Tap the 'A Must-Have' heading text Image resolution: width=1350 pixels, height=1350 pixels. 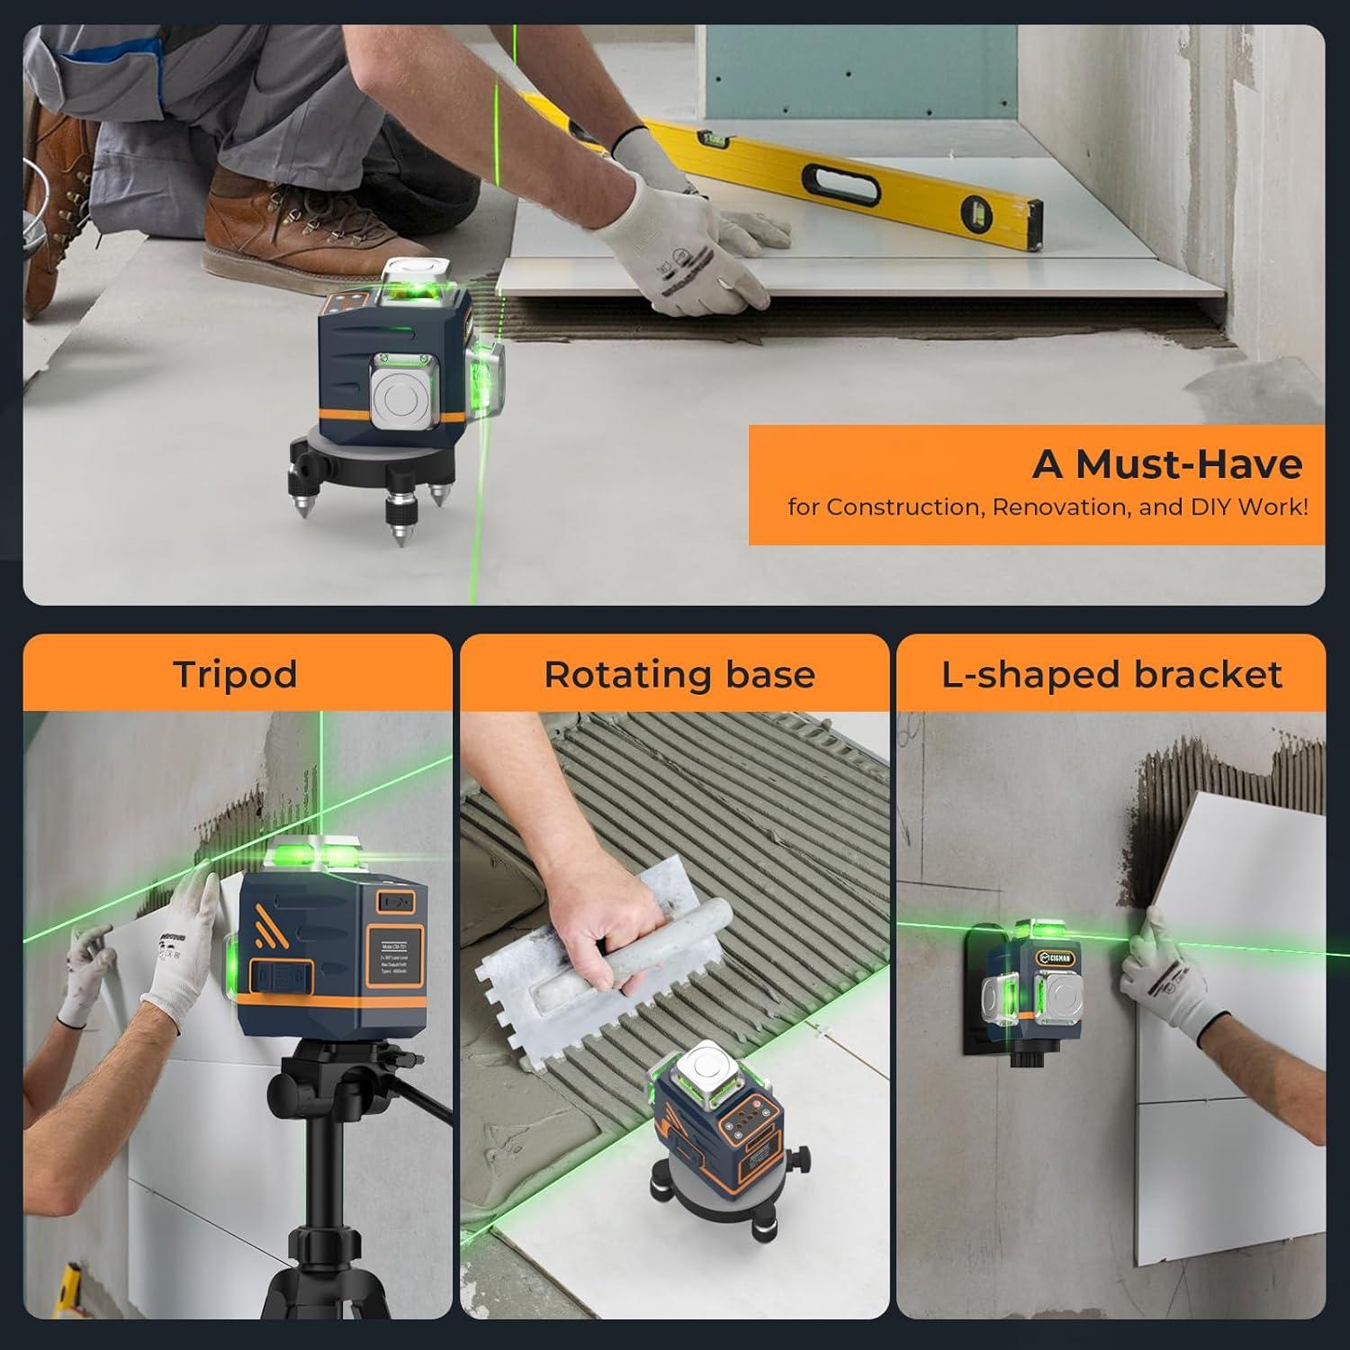[1166, 464]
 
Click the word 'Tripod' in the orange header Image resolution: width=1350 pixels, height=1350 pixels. [236, 674]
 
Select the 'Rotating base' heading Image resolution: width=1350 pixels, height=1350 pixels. [679, 674]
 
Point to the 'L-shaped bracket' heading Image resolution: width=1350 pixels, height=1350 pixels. [1111, 674]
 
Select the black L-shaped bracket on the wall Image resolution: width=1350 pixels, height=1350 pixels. [976, 1008]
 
